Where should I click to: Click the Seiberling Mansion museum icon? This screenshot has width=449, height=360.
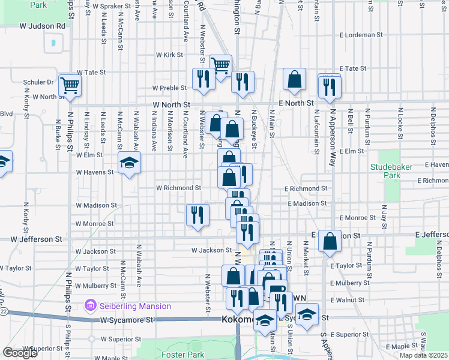(91, 306)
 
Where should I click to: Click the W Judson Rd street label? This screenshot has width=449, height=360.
(42, 26)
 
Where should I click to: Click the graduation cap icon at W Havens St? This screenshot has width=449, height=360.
(129, 162)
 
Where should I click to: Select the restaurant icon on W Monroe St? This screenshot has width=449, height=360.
(197, 214)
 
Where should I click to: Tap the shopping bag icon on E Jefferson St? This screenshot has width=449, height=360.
(330, 241)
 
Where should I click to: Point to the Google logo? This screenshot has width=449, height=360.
(20, 353)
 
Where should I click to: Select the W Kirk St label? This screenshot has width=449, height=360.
(169, 55)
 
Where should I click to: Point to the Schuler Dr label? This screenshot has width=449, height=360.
(38, 82)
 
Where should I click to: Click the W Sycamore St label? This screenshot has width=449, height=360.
(127, 320)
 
